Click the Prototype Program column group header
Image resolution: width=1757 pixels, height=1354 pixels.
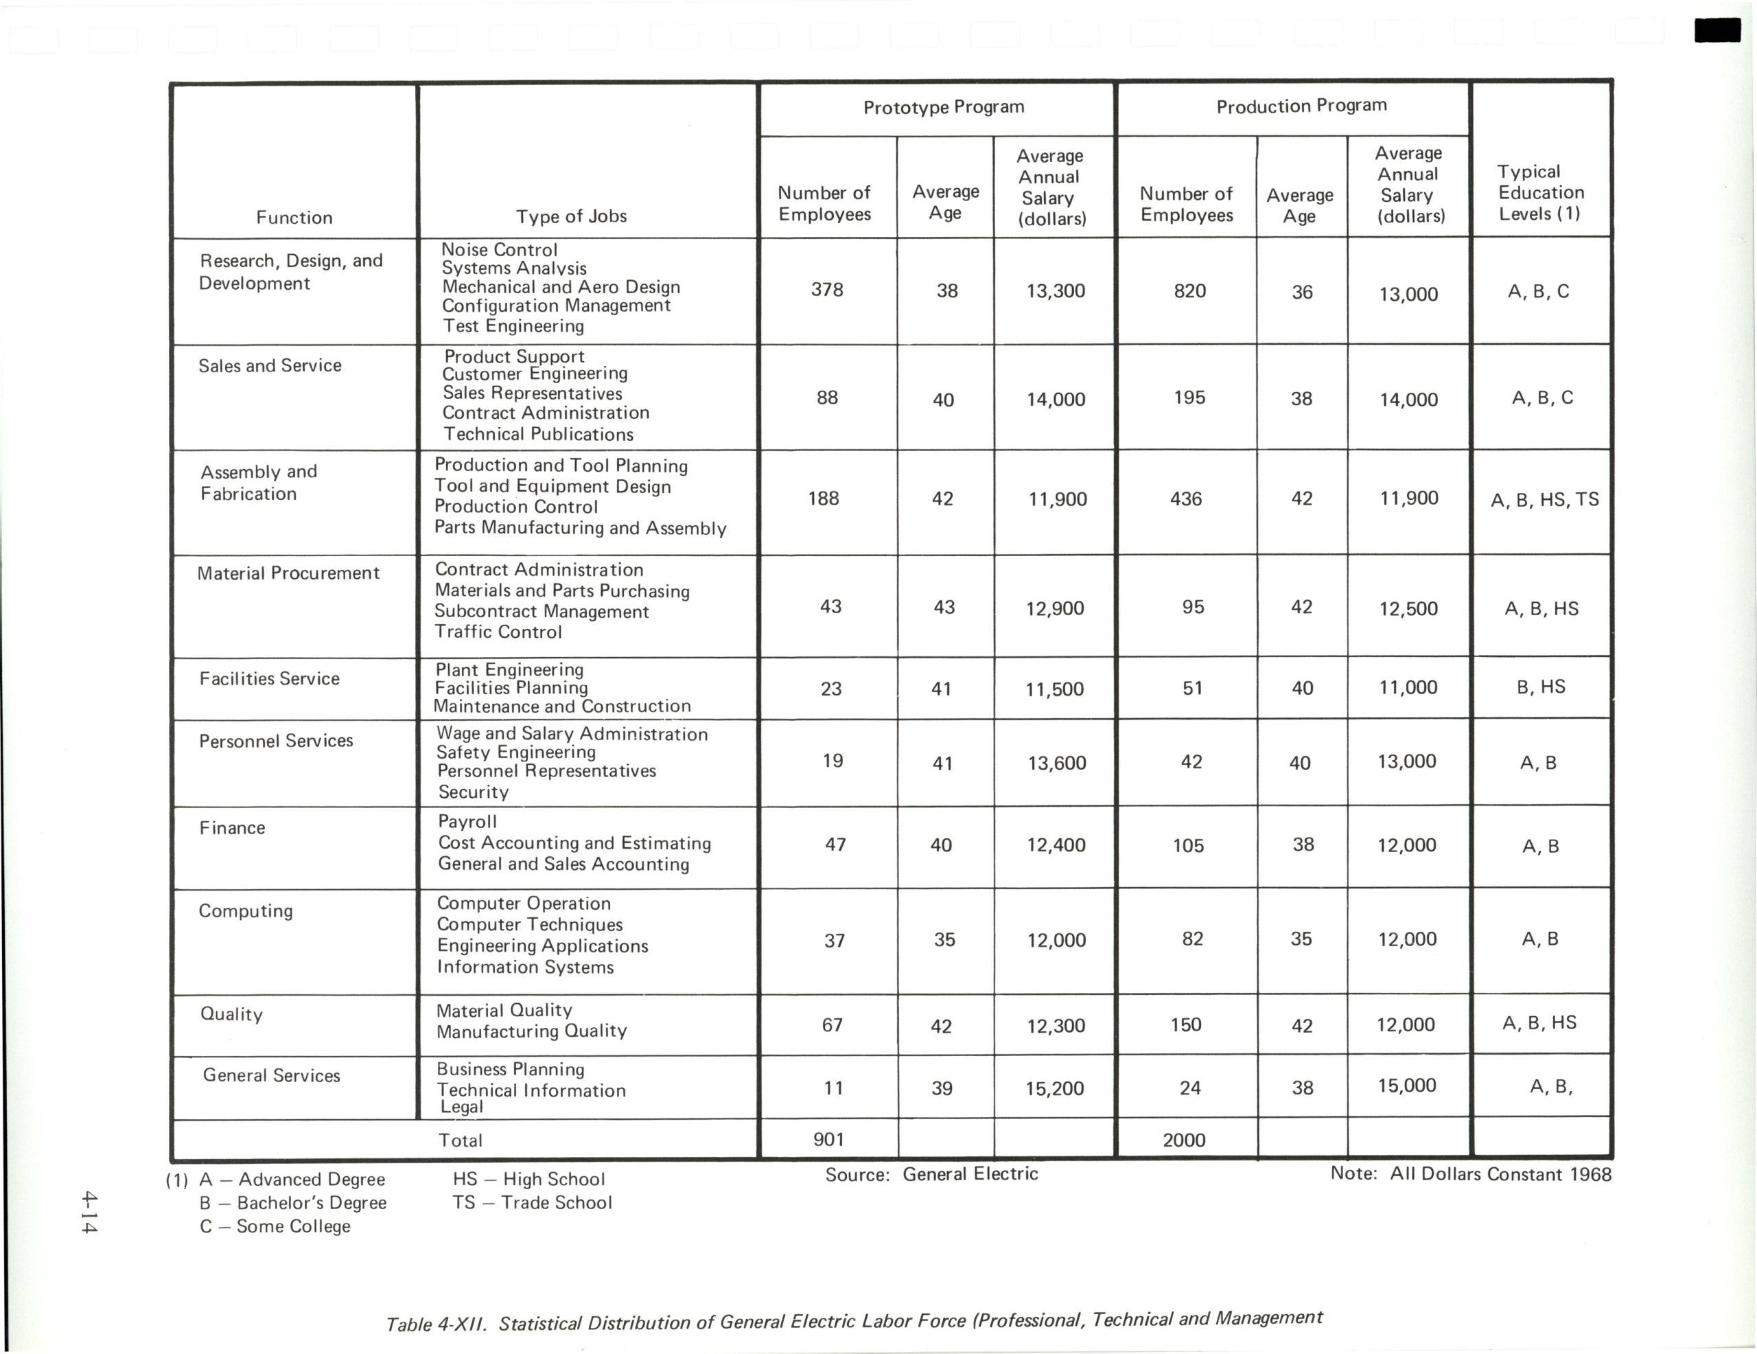pyautogui.click(x=943, y=107)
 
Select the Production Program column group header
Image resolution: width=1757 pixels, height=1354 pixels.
pyautogui.click(x=1301, y=106)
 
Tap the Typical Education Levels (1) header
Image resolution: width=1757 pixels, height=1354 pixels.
pyautogui.click(x=1540, y=192)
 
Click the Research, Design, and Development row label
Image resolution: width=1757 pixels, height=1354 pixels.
pyautogui.click(x=290, y=272)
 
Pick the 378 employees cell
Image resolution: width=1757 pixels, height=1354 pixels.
pyautogui.click(x=827, y=290)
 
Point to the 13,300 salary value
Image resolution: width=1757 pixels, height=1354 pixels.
pyautogui.click(x=1055, y=291)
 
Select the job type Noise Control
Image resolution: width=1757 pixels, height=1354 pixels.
pyautogui.click(x=499, y=249)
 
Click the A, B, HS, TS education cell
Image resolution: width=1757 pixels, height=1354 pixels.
pyautogui.click(x=1544, y=500)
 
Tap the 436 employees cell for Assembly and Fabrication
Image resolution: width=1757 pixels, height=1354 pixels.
pyautogui.click(x=1186, y=499)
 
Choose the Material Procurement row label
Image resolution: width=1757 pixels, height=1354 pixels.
pyautogui.click(x=288, y=573)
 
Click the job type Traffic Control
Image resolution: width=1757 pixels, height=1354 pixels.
pyautogui.click(x=498, y=632)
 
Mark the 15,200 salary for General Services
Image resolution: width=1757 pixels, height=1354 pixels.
pyautogui.click(x=1054, y=1088)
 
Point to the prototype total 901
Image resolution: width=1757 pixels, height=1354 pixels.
pyautogui.click(x=828, y=1139)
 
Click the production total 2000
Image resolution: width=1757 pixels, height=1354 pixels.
pyautogui.click(x=1183, y=1140)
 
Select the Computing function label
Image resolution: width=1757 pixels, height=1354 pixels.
pyautogui.click(x=246, y=910)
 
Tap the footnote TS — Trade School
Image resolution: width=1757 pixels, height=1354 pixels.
pyautogui.click(x=532, y=1203)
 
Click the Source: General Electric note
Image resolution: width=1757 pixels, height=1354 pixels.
pyautogui.click(x=931, y=1175)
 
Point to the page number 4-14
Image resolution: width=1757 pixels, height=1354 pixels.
pyautogui.click(x=89, y=1213)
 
